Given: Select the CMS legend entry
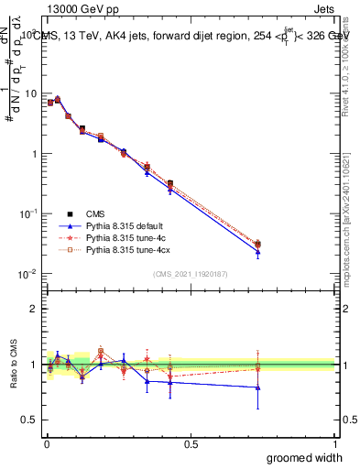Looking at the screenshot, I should tap(97, 213).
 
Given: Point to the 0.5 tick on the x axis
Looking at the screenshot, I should tap(191, 443).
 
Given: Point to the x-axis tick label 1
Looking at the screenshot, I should tap(335, 443).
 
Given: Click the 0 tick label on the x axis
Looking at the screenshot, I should tap(47, 443).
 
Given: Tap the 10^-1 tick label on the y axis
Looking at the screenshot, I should tap(27, 213).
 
